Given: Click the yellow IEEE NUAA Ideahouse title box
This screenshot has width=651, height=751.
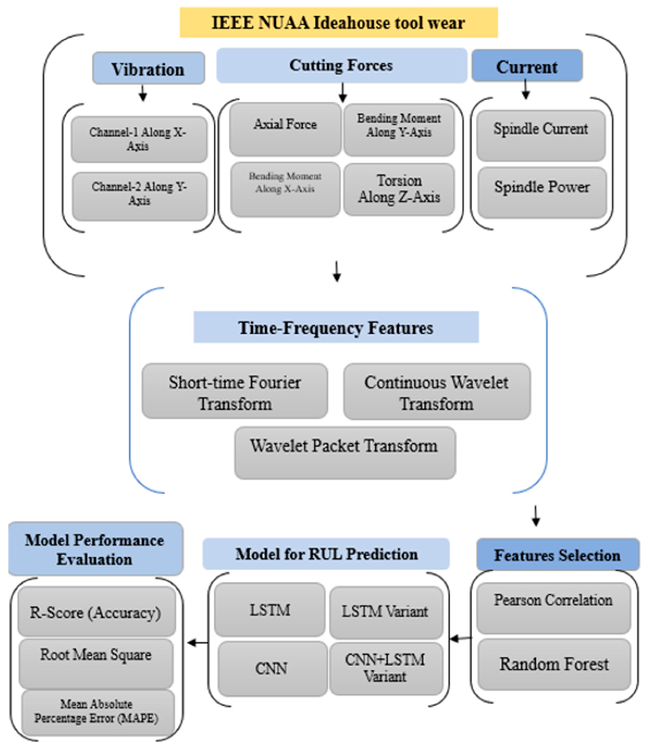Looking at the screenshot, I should click(x=339, y=22).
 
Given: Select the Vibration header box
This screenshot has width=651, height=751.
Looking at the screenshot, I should click(x=148, y=68).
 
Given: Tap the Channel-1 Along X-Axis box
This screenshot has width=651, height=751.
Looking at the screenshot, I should click(x=139, y=139).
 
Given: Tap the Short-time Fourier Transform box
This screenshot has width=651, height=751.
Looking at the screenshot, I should click(x=235, y=391).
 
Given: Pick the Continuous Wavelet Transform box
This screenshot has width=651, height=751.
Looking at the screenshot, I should click(x=437, y=391).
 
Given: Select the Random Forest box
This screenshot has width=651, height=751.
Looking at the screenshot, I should click(x=554, y=664).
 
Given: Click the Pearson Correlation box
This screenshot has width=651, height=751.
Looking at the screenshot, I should click(x=553, y=608).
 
